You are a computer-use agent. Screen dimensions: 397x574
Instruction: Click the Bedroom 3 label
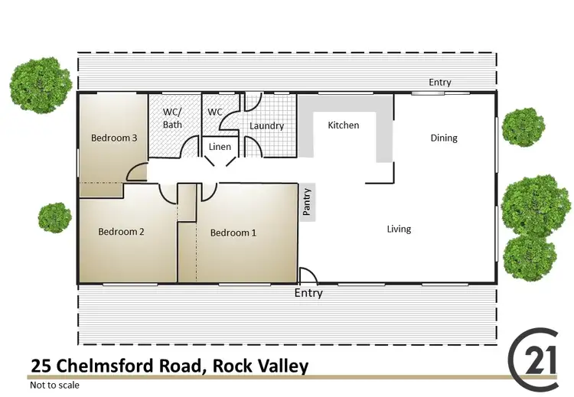[114, 138]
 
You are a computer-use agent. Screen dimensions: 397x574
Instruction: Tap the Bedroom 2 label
[121, 232]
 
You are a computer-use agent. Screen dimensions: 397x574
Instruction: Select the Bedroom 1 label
[233, 233]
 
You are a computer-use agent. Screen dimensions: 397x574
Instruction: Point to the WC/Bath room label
[173, 118]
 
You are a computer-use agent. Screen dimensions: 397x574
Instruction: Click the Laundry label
[266, 125]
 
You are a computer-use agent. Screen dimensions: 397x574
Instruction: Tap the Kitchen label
[343, 125]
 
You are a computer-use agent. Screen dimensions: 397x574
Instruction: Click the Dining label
[444, 138]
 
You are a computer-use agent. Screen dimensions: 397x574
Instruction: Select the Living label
[399, 229]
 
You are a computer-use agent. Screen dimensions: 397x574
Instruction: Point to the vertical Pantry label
[307, 203]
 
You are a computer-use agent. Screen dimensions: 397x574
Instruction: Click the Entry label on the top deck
[440, 83]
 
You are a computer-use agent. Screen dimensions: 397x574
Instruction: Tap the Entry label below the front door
[308, 293]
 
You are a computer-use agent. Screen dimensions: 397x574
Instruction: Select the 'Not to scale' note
[55, 386]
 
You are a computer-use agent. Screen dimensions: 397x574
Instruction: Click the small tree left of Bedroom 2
[54, 217]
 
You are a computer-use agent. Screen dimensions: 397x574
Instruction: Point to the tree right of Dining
[523, 127]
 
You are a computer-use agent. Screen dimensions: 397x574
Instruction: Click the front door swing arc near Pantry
[305, 275]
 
